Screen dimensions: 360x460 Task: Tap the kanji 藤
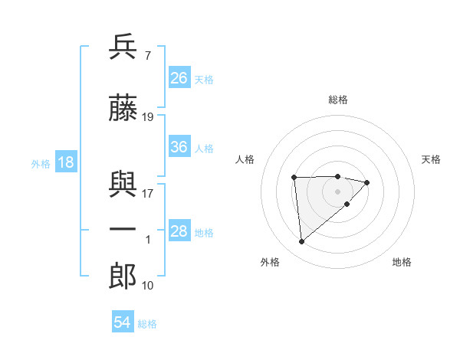click(123, 109)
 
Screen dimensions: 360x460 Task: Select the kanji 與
click(123, 185)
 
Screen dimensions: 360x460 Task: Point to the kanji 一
click(123, 230)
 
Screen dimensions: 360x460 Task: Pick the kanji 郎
click(123, 275)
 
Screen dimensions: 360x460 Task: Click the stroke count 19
click(148, 117)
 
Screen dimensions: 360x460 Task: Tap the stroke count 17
click(148, 194)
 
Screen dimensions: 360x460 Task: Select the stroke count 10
click(148, 286)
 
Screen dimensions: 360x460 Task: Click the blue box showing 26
click(179, 78)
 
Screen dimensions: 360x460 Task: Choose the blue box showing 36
click(179, 147)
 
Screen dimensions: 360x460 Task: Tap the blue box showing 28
click(179, 231)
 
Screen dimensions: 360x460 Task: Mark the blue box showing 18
click(65, 162)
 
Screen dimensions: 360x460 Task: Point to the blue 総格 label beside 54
click(147, 324)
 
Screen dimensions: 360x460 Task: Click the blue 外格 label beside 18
click(41, 164)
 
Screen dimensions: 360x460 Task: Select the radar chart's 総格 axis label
click(337, 100)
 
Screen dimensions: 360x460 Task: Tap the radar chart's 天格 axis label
click(431, 159)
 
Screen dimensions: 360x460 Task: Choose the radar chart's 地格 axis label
click(402, 262)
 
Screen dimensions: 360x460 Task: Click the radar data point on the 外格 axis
click(302, 241)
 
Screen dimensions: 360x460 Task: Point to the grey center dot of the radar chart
click(337, 191)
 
